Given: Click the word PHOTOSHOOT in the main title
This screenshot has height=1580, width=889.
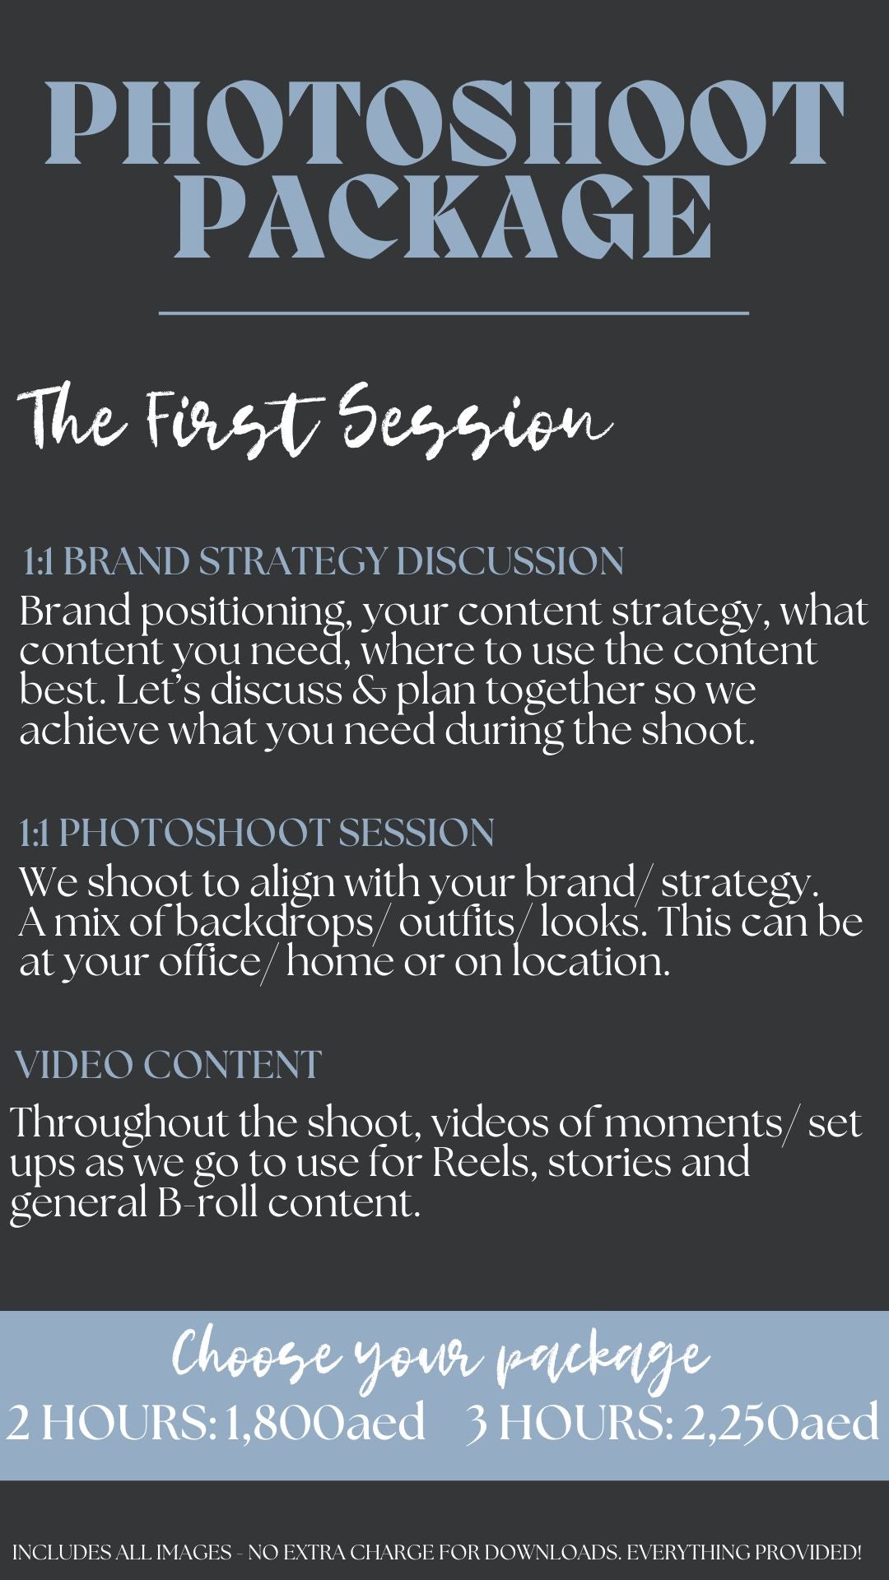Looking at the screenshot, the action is click(x=444, y=122).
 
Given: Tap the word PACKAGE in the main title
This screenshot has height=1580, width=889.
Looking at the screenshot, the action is click(x=444, y=216).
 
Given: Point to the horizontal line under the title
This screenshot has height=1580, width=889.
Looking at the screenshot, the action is click(x=454, y=313).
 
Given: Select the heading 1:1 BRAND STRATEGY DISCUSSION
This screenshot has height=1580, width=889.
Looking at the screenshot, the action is click(x=323, y=561).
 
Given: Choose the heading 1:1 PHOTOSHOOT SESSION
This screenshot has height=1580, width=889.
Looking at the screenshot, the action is click(x=257, y=833).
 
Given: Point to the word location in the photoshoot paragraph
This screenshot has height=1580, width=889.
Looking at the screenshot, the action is click(x=591, y=961).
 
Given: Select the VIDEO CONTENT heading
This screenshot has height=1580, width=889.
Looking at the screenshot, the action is click(x=168, y=1065).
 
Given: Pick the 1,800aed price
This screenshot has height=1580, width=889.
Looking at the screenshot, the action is click(x=325, y=1422).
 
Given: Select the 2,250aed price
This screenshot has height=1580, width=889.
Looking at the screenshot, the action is click(x=780, y=1422).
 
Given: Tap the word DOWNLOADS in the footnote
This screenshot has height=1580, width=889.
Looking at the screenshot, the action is click(x=552, y=1553).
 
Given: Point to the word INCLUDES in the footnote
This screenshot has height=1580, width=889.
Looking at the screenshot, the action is click(x=62, y=1553).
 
